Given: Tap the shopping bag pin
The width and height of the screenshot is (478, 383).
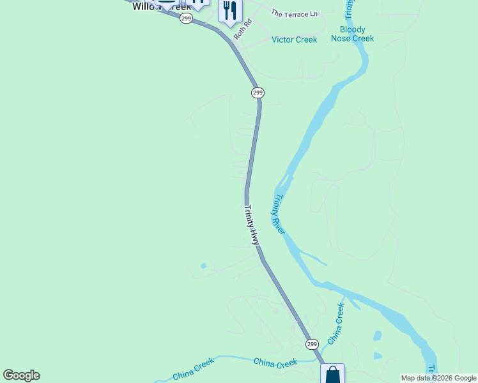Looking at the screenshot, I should (x=332, y=374).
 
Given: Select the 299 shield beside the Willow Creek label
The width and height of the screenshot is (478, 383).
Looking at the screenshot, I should (x=186, y=19).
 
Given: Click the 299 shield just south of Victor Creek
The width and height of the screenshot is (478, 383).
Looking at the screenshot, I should (x=257, y=93).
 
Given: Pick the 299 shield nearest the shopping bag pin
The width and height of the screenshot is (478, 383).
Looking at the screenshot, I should (x=311, y=344).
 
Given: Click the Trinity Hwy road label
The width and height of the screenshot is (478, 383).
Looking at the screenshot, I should (x=252, y=224).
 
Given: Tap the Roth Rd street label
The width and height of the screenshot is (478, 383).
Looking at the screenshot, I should (x=243, y=29).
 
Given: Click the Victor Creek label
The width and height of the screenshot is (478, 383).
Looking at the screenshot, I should (x=294, y=40).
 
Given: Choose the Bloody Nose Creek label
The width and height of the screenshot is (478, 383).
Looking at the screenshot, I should (x=352, y=34).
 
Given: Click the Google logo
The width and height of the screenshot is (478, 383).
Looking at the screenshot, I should (x=21, y=375).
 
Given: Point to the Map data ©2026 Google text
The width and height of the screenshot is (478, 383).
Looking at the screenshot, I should (x=438, y=378).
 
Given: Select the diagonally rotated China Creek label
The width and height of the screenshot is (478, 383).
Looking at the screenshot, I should (x=335, y=324).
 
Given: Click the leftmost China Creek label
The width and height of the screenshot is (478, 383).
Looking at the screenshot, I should (x=193, y=369).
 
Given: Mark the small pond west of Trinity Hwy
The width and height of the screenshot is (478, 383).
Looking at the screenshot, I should (x=203, y=266).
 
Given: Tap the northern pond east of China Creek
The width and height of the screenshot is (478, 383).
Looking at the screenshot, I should (x=377, y=335).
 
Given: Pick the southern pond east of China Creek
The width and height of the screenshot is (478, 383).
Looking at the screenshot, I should (x=377, y=356).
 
